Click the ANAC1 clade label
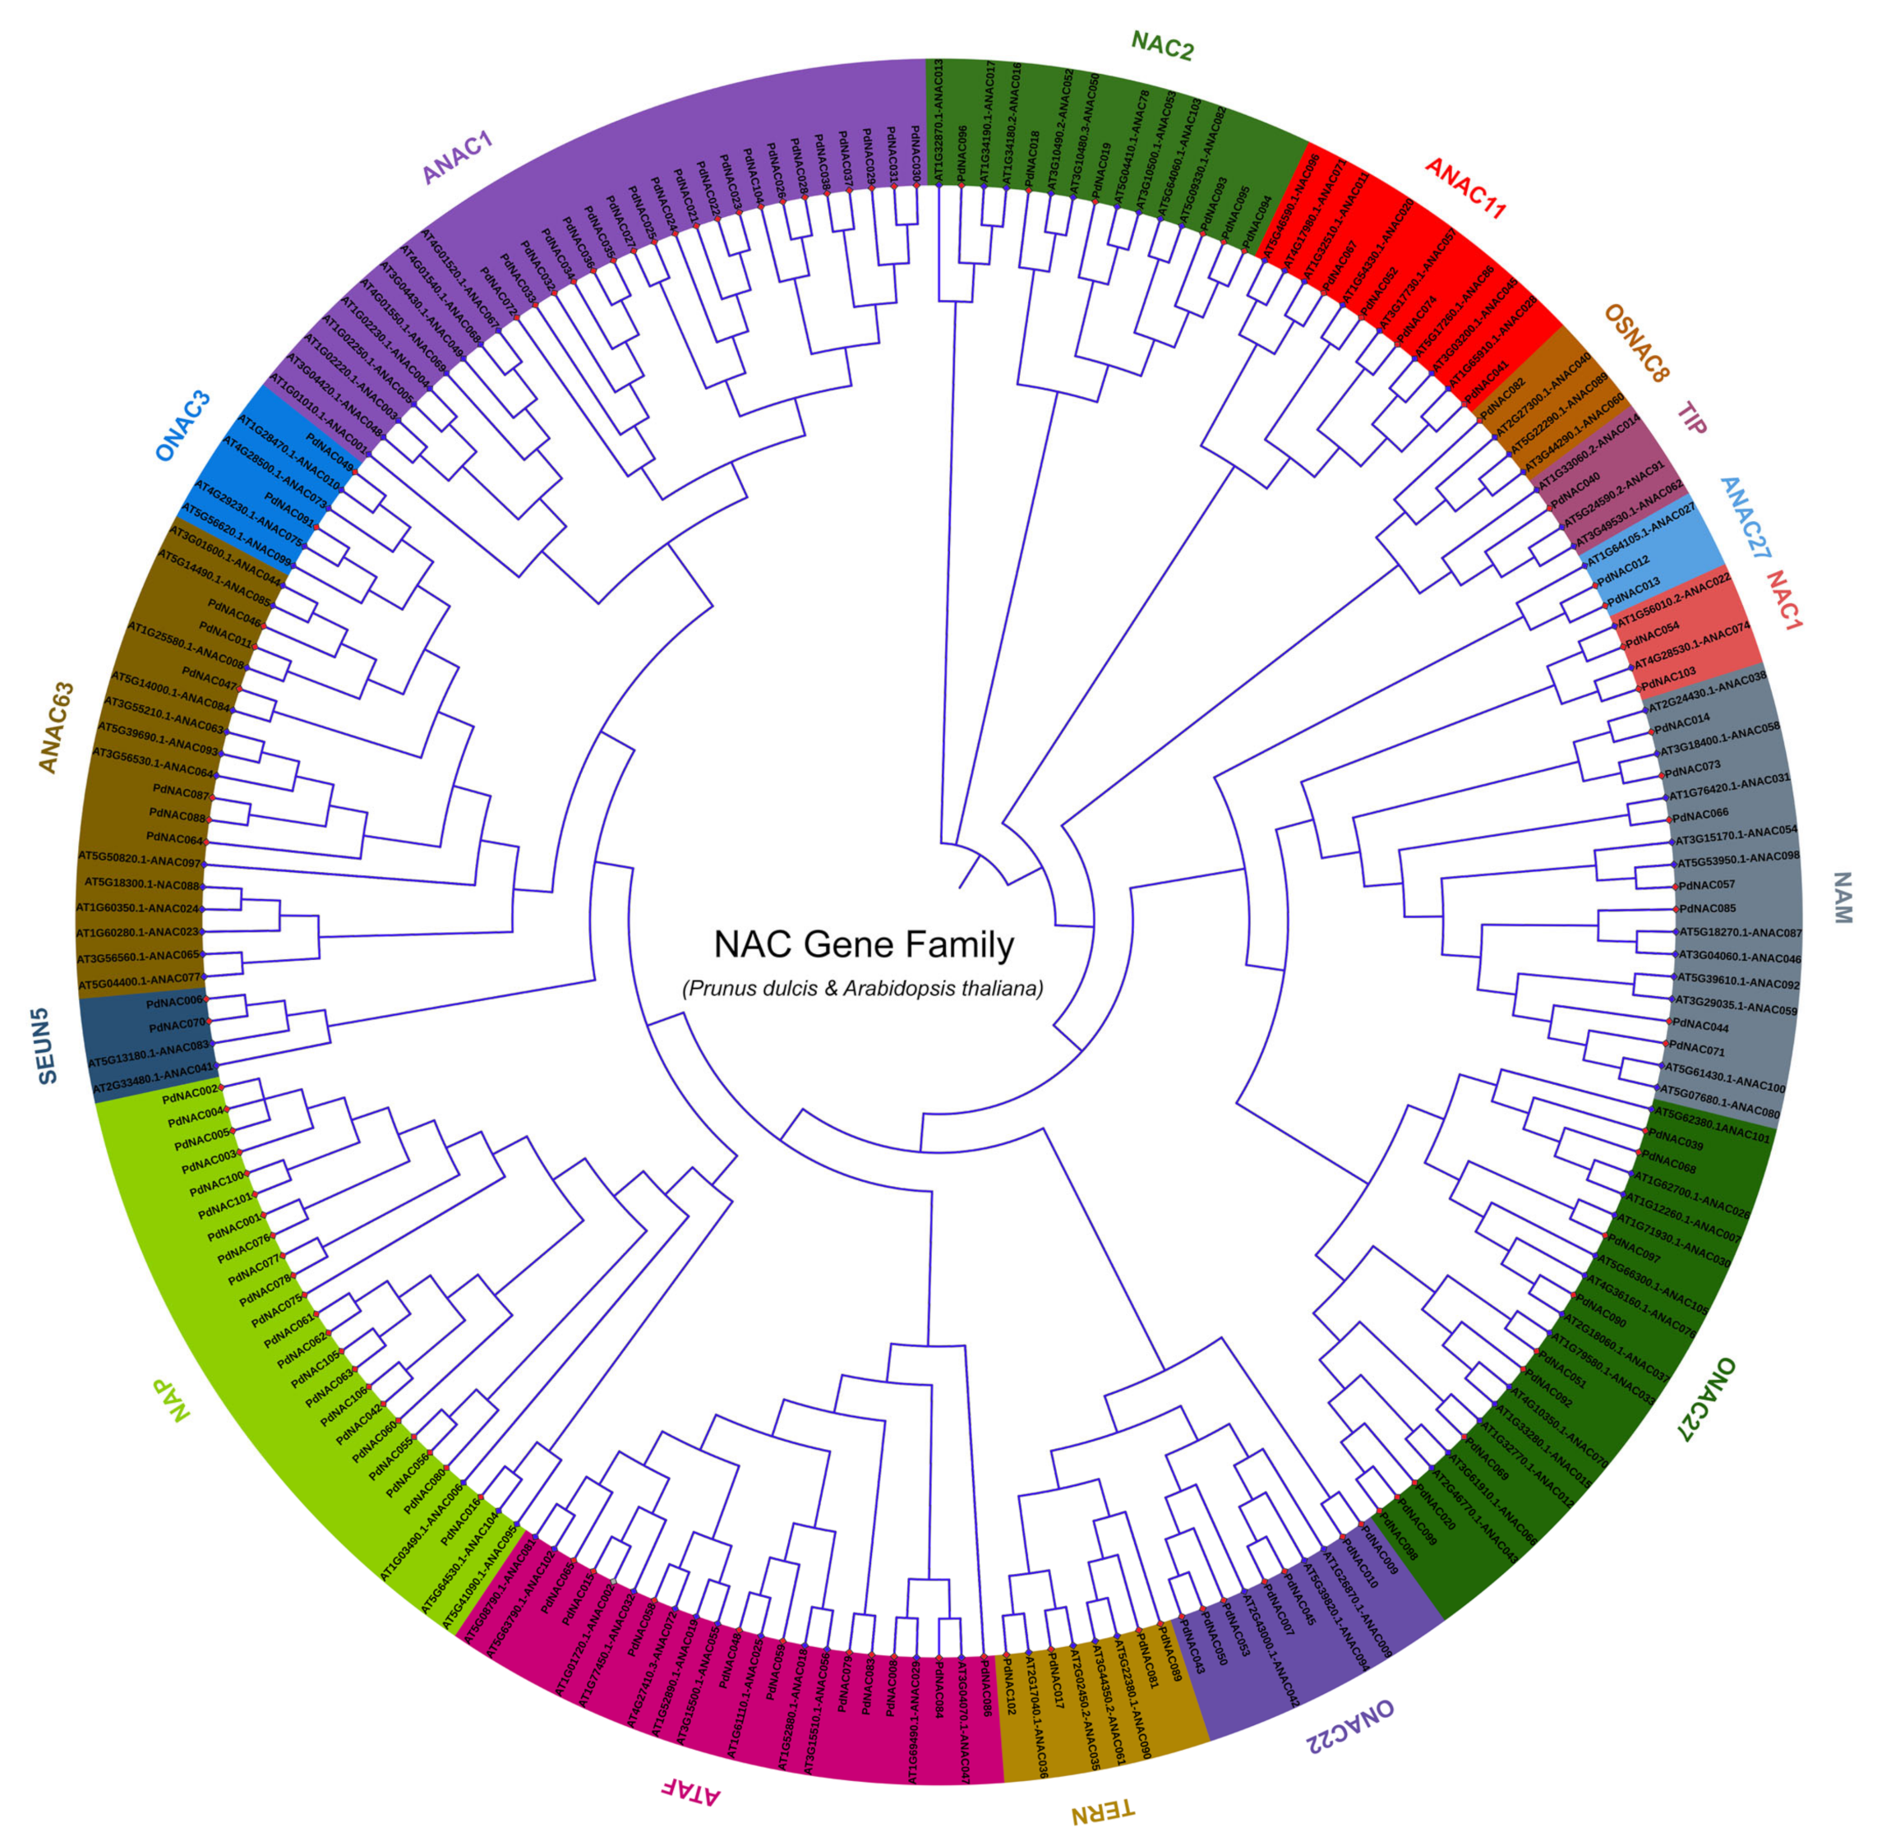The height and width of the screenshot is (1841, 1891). (457, 158)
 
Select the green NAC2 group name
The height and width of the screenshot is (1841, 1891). (1162, 44)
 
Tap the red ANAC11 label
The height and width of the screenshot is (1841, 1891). (1464, 187)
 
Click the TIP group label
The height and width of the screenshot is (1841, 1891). (1692, 418)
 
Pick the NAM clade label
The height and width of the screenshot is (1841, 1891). (1842, 897)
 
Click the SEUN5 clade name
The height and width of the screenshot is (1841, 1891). (46, 1045)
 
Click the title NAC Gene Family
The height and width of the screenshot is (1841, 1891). (864, 944)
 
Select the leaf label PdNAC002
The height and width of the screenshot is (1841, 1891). (191, 1092)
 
